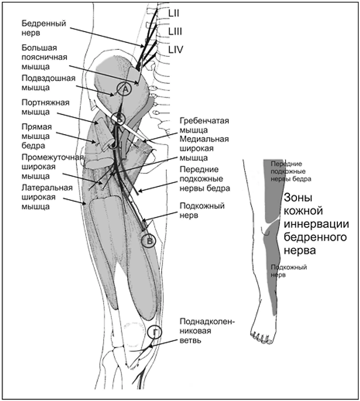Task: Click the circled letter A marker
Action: pyautogui.click(x=125, y=89)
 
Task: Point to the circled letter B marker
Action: pyautogui.click(x=148, y=241)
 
